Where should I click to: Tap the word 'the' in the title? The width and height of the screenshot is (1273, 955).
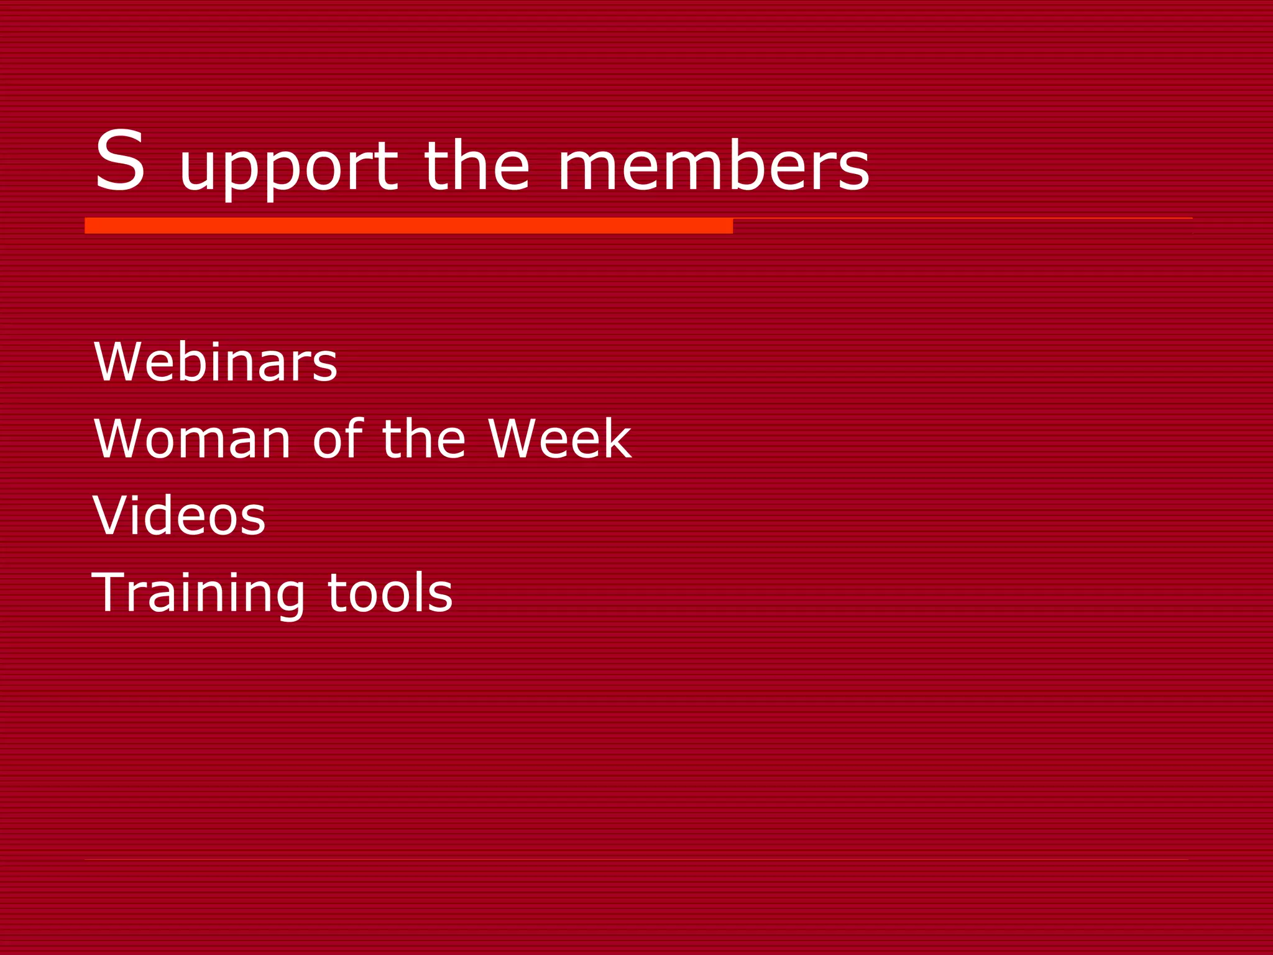(476, 165)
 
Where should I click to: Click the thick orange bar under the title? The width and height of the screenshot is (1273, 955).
(408, 226)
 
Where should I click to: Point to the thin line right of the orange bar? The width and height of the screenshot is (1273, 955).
(962, 219)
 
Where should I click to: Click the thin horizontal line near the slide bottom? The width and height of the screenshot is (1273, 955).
(636, 860)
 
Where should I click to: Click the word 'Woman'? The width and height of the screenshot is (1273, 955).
(192, 439)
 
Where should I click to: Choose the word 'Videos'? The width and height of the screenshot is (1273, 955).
(179, 515)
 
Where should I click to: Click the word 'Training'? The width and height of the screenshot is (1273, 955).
(198, 593)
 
